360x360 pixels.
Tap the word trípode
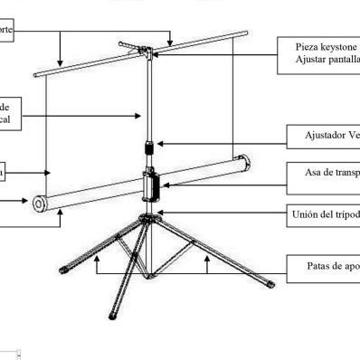[x=345, y=214]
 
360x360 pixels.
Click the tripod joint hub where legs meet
[x=146, y=218]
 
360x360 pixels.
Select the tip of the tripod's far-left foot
[x=60, y=268]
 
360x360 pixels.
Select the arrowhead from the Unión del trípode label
[x=161, y=213]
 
